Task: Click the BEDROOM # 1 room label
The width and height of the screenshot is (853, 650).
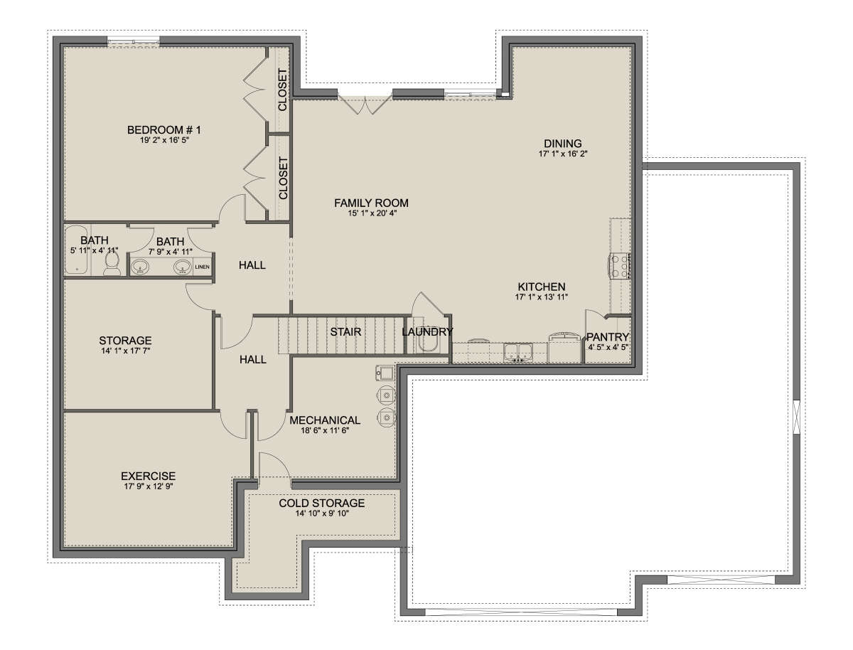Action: pyautogui.click(x=163, y=129)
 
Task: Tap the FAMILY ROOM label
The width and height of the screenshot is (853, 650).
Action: pyautogui.click(x=371, y=203)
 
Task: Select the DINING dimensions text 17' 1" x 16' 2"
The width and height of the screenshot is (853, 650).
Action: pyautogui.click(x=562, y=154)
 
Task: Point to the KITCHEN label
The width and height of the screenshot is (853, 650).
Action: pyautogui.click(x=542, y=287)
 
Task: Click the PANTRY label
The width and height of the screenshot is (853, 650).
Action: pyautogui.click(x=607, y=336)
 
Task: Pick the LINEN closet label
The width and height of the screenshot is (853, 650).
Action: pyautogui.click(x=202, y=267)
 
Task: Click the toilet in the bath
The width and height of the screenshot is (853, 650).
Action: pyautogui.click(x=112, y=264)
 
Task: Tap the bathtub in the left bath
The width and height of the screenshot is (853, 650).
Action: pyautogui.click(x=76, y=249)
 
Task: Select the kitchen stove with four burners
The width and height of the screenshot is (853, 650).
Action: pyautogui.click(x=619, y=266)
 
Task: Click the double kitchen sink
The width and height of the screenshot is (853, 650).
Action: pyautogui.click(x=518, y=352)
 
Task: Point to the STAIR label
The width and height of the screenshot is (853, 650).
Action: pyautogui.click(x=345, y=331)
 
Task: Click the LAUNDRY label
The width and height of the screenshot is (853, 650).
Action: pyautogui.click(x=427, y=331)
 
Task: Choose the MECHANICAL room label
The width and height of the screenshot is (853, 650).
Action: pyautogui.click(x=325, y=420)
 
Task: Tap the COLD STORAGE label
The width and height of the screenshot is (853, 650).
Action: pyautogui.click(x=322, y=503)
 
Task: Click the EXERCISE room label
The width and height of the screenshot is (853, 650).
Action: pyautogui.click(x=148, y=476)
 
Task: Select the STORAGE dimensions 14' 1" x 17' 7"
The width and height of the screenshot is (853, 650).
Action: pyautogui.click(x=126, y=351)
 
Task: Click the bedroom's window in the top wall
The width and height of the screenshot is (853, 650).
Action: pyautogui.click(x=133, y=41)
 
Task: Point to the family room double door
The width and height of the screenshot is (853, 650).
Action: pyautogui.click(x=365, y=105)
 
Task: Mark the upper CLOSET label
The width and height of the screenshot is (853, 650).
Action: pyautogui.click(x=282, y=90)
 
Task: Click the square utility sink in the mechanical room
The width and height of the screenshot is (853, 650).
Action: pyautogui.click(x=385, y=373)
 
